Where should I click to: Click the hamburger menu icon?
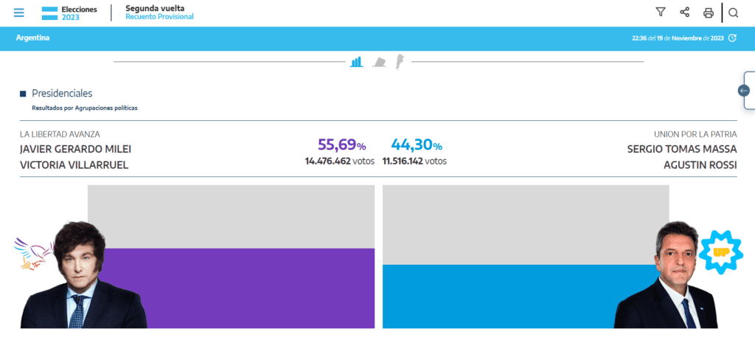click(19, 13)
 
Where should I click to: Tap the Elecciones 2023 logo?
click(69, 13)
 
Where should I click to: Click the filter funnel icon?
click(661, 12)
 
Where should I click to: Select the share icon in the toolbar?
click(684, 12)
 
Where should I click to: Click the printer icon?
click(709, 13)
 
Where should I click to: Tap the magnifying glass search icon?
click(733, 13)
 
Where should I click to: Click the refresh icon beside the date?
click(732, 38)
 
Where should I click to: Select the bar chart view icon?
click(357, 62)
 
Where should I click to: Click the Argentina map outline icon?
click(399, 60)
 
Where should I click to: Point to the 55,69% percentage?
click(341, 145)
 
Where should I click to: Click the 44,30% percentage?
click(416, 145)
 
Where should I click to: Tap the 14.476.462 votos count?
click(339, 161)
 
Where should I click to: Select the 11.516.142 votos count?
click(414, 161)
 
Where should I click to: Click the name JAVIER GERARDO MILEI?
click(75, 149)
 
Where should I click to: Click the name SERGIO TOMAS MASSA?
click(681, 149)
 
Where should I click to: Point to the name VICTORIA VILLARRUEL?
click(74, 165)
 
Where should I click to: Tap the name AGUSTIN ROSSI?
click(699, 165)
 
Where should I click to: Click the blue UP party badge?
click(720, 252)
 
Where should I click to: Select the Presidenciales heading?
click(62, 94)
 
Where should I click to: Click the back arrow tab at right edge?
click(744, 91)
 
